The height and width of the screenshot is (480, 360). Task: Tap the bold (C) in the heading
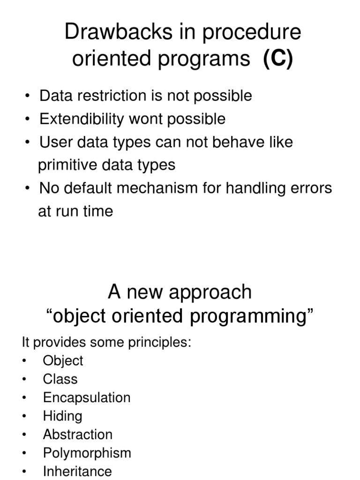277,60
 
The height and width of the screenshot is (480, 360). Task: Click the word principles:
159,342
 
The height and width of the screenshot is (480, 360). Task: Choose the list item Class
60,379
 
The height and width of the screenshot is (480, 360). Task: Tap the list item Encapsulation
87,397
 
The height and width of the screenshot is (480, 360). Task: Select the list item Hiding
62,416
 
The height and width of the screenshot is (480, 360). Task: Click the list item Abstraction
78,435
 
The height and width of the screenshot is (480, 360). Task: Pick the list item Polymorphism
87,453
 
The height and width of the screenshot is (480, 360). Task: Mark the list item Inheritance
77,471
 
